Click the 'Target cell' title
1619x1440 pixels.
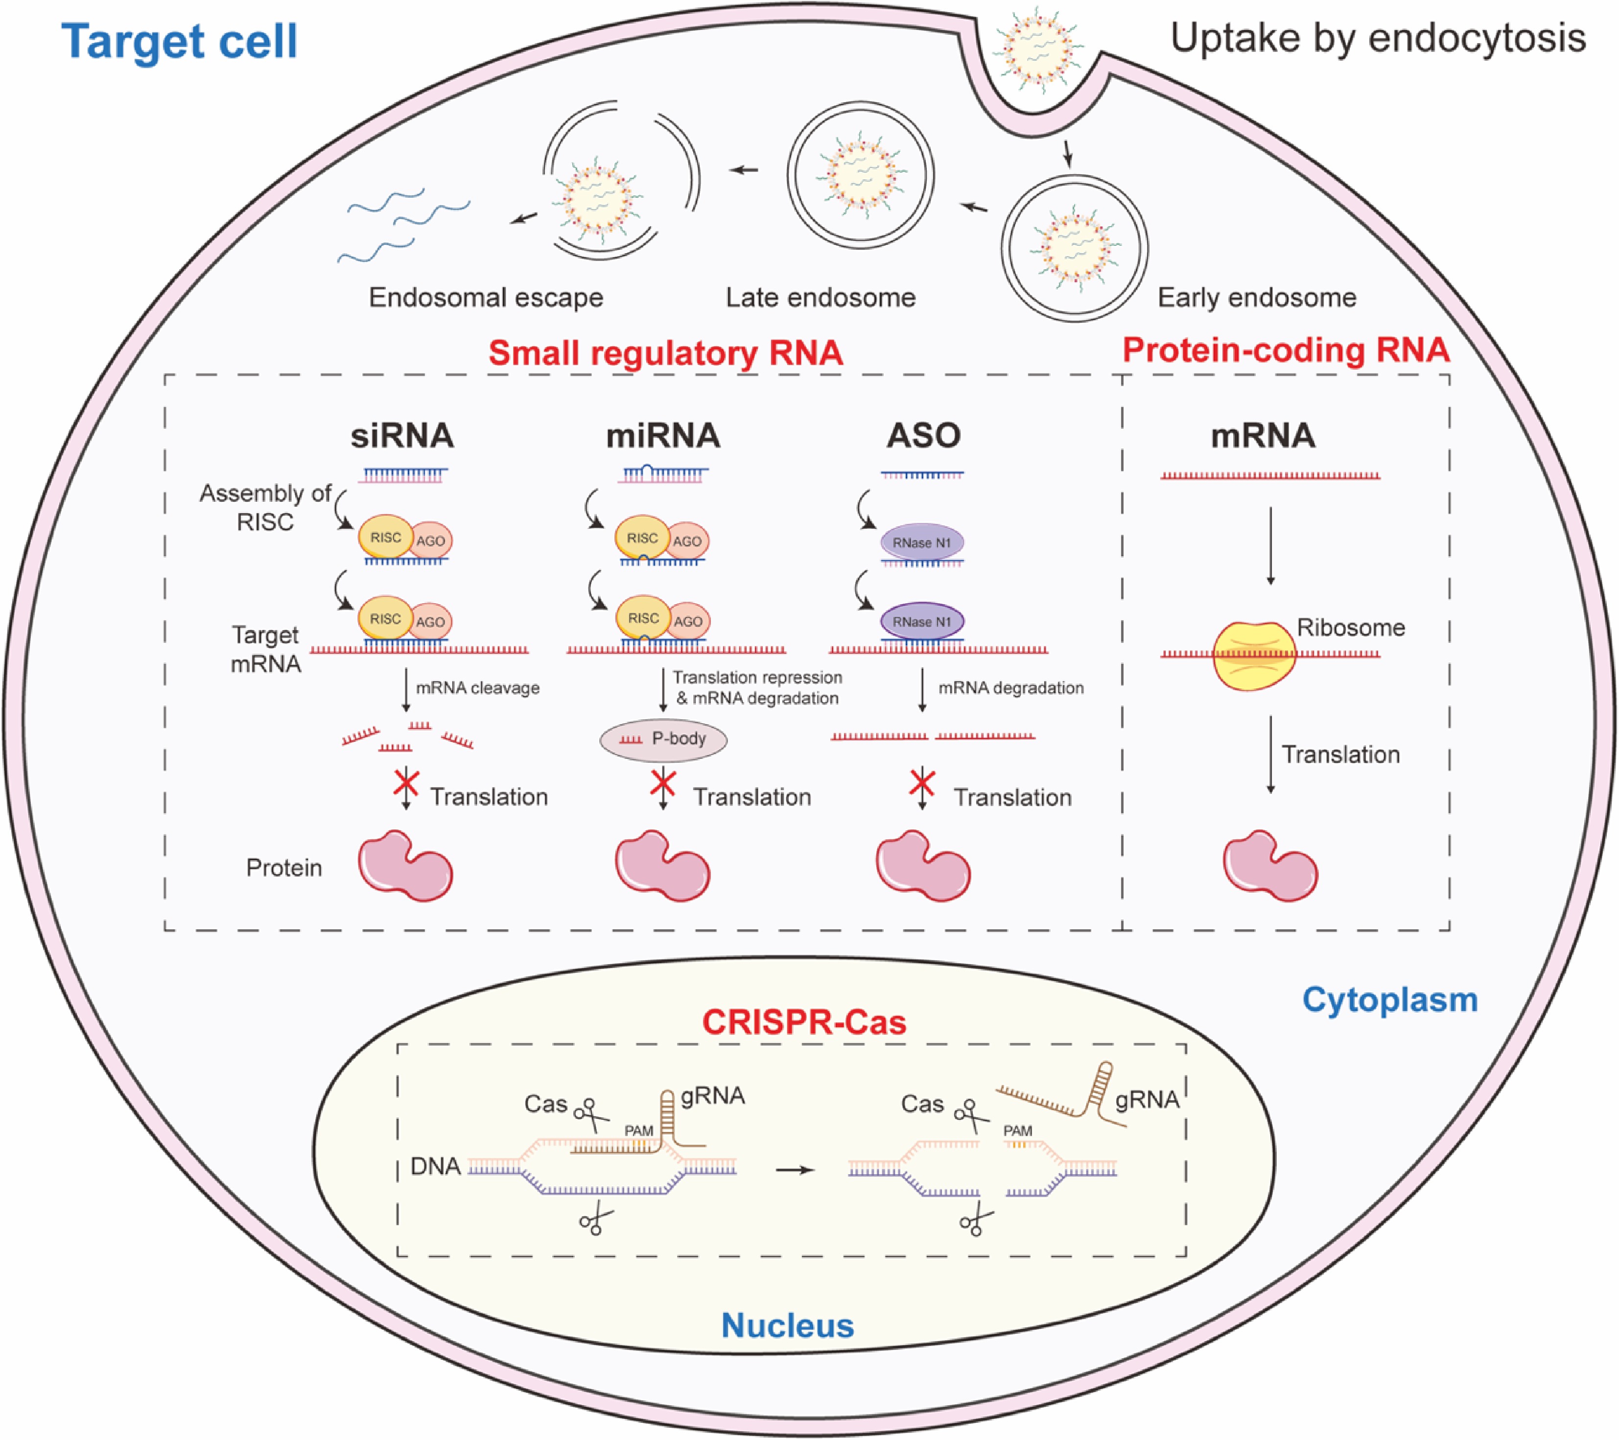179,41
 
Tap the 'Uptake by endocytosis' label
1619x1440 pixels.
1378,38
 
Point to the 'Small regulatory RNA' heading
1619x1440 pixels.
665,353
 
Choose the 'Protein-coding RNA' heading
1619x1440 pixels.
1286,350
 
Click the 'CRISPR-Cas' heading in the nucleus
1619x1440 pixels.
804,1022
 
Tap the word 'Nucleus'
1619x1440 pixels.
787,1325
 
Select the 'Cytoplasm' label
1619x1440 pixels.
1390,1000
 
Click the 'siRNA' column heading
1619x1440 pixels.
402,436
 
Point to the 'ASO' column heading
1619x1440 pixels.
923,436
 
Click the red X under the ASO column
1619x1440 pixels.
921,783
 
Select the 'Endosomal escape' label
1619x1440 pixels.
486,298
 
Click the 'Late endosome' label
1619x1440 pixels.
821,298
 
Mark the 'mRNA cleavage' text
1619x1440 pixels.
478,687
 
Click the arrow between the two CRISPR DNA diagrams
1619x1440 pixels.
795,1170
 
